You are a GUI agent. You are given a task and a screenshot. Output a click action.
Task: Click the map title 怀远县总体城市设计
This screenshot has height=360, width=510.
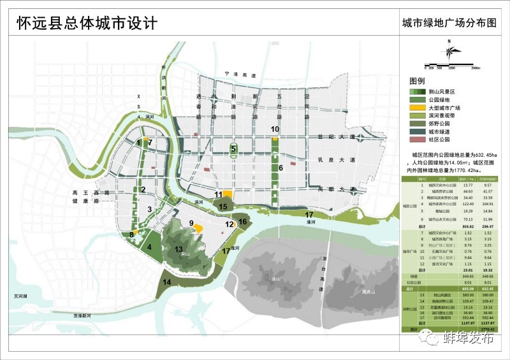point(86,23)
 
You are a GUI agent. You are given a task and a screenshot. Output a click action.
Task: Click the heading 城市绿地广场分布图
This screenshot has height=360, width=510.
point(448,24)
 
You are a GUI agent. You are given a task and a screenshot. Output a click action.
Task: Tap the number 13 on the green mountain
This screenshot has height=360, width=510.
point(179,249)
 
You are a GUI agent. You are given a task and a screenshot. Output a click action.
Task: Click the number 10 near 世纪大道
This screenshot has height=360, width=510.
point(275,129)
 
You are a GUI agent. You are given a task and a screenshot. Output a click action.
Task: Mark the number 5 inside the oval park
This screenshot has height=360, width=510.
point(233,149)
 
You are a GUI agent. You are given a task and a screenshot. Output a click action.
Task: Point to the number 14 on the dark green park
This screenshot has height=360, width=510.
point(167,282)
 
